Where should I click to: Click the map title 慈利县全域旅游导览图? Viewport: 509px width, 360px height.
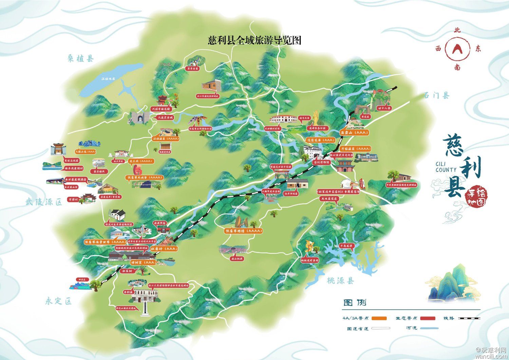(x=254, y=40)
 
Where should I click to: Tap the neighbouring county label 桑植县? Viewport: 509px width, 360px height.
(x=80, y=59)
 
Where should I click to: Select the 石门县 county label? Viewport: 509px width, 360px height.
(x=436, y=95)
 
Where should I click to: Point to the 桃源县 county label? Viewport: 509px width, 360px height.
(x=341, y=281)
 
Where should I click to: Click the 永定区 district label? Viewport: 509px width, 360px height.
(x=59, y=301)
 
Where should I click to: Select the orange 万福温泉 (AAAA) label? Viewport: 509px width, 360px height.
(x=356, y=149)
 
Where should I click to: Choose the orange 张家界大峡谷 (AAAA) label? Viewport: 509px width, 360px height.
(x=145, y=177)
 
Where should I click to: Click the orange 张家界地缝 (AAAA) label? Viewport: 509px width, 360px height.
(x=244, y=231)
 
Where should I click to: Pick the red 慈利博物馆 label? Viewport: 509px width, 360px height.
(x=321, y=162)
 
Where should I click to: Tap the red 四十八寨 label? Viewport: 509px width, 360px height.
(x=384, y=108)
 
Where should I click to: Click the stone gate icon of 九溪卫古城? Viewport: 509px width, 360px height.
(x=138, y=118)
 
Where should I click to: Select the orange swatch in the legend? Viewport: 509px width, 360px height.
(x=379, y=318)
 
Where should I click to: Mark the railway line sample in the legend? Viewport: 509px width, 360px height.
(x=470, y=318)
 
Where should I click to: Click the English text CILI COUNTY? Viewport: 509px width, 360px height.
(x=446, y=167)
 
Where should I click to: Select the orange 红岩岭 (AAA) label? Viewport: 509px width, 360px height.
(x=164, y=249)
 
